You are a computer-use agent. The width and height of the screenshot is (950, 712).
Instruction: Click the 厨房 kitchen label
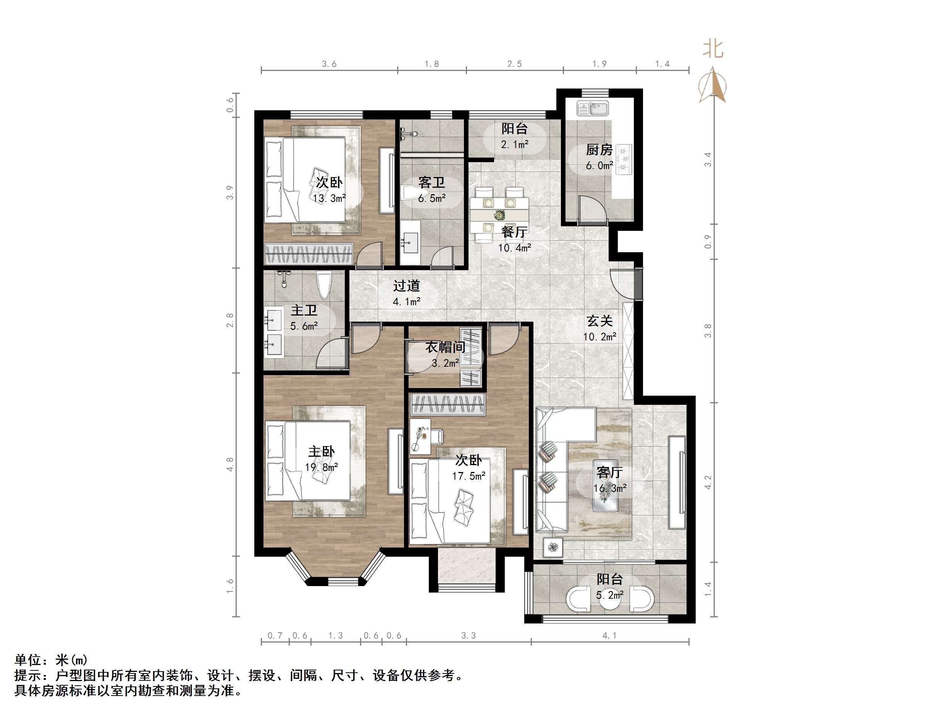click(x=599, y=150)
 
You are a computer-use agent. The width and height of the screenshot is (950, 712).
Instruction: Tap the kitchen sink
click(x=593, y=109)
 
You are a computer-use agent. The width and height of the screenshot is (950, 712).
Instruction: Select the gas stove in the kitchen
click(x=624, y=159)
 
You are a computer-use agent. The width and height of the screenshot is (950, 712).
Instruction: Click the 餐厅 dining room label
click(x=514, y=232)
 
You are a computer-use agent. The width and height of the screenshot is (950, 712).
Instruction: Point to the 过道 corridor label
click(x=406, y=286)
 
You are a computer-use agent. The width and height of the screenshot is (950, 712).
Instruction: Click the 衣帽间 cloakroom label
click(x=445, y=347)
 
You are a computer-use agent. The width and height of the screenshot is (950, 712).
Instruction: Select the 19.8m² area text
click(x=321, y=467)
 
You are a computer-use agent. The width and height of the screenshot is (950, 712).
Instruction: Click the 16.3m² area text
click(x=610, y=488)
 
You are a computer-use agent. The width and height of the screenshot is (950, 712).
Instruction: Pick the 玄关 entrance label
click(x=599, y=321)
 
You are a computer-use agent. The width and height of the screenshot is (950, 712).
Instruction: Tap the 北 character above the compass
click(x=713, y=49)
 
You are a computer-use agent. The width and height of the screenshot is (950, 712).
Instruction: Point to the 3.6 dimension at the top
click(x=329, y=64)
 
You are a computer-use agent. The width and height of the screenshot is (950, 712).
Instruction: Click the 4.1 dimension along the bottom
click(x=609, y=636)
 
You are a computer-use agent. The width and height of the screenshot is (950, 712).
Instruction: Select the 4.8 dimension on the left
click(x=230, y=464)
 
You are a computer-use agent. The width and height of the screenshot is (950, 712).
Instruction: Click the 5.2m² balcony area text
click(x=609, y=595)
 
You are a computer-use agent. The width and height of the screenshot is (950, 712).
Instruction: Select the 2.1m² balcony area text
click(x=514, y=145)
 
